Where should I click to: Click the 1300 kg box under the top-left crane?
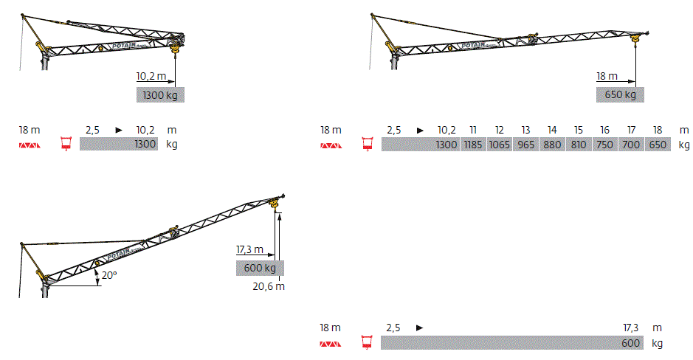pos(160,95)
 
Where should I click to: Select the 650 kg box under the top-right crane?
pos(620,94)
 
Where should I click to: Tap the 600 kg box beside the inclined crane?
pos(260,268)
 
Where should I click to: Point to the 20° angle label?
pos(109,275)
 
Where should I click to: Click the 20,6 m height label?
pos(269,287)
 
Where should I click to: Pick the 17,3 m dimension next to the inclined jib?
pos(249,249)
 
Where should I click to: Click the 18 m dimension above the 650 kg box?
pos(607,77)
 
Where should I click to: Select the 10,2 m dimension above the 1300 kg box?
pos(151,77)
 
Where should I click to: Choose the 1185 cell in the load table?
pos(473,145)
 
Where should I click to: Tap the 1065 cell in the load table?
pos(500,145)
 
